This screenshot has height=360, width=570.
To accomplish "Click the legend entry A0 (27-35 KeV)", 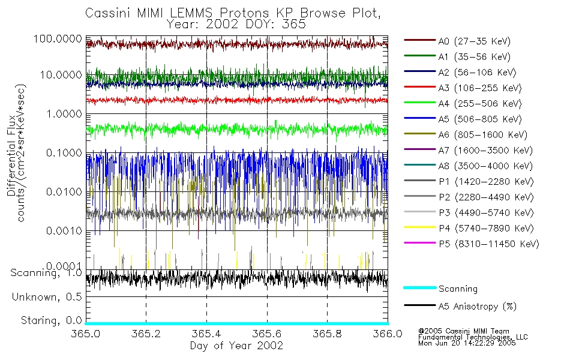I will tap(474, 41).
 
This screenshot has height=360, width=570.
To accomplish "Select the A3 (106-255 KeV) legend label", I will tap(478, 88).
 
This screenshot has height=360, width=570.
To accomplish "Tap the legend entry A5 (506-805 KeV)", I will tap(478, 119).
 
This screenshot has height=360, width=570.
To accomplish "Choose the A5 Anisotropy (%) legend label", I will tap(478, 306).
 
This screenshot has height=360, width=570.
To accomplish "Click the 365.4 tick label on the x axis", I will tap(206, 334).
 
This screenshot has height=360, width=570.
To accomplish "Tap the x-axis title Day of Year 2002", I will tap(236, 346).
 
